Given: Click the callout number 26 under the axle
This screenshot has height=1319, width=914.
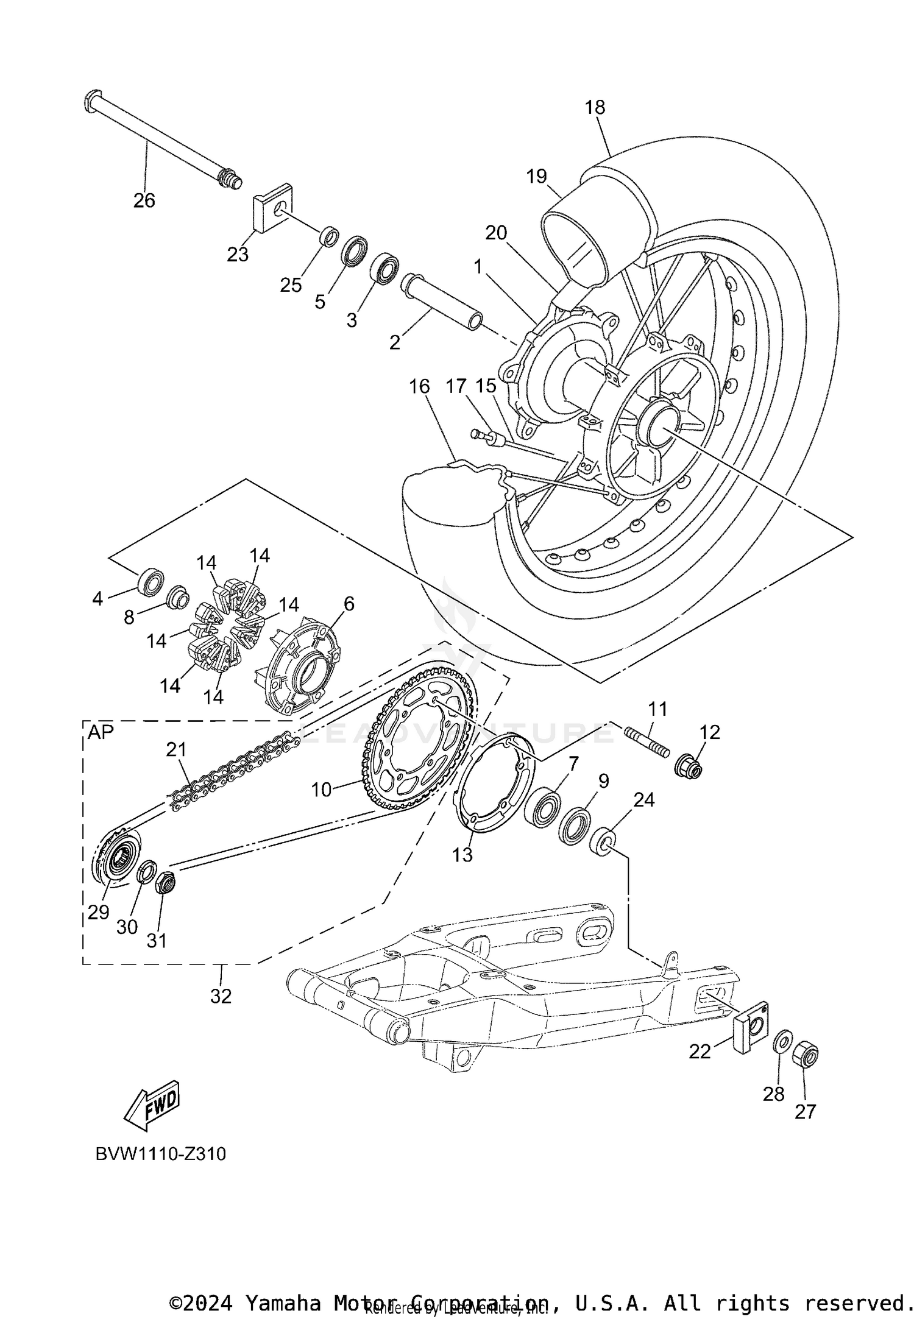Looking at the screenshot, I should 144,200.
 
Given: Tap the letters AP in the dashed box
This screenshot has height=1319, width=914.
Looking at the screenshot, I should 101,732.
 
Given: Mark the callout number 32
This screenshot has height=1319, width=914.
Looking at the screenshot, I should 221,996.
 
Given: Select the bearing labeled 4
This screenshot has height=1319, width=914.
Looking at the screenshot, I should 150,582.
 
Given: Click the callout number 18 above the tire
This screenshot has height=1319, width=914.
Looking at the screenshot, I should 595,107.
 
